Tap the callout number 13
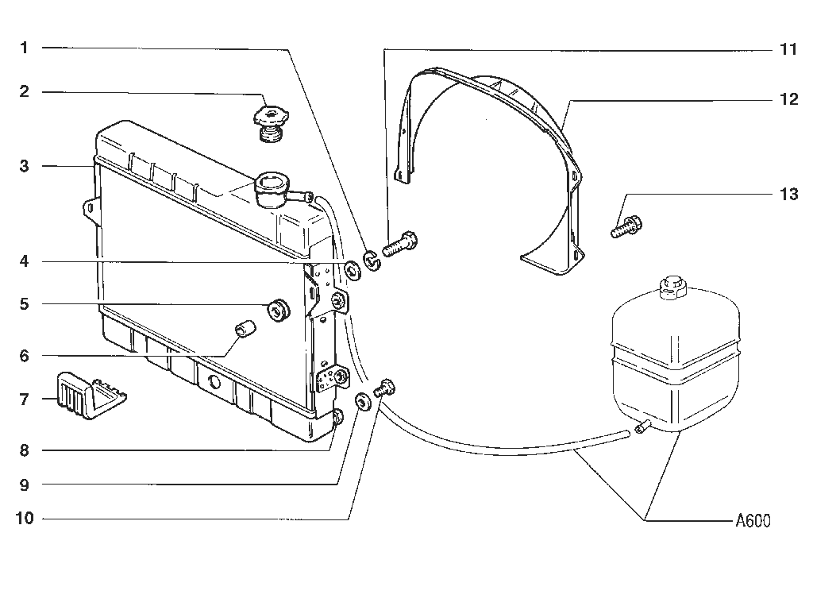coord(788,195)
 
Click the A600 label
coord(753,520)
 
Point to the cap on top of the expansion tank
coord(672,287)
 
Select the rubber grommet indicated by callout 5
coord(279,311)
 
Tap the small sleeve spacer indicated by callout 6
coord(245,329)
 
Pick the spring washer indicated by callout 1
coord(372,261)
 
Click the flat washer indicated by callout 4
coord(353,270)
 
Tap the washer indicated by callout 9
coord(362,401)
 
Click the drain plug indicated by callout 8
coord(337,417)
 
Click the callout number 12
coord(789,99)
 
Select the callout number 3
coord(24,167)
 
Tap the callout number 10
coord(25,518)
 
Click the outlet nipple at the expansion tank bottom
coord(642,427)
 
